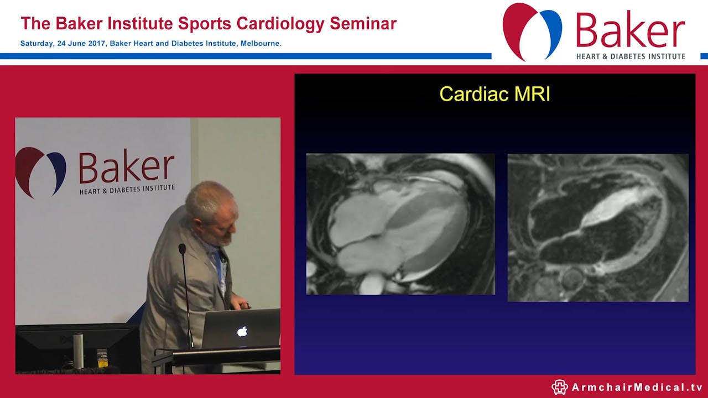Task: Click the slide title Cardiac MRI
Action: click(x=494, y=94)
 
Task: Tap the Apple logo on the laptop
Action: click(x=242, y=332)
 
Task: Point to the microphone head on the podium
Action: click(x=181, y=249)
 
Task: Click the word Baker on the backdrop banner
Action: click(x=127, y=167)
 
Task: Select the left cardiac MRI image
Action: click(x=400, y=224)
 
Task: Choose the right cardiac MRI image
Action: click(x=598, y=227)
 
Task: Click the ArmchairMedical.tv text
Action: click(x=637, y=387)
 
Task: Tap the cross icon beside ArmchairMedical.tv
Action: click(x=560, y=387)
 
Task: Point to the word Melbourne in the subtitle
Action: click(x=260, y=44)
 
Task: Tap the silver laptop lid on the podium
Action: click(x=241, y=329)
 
